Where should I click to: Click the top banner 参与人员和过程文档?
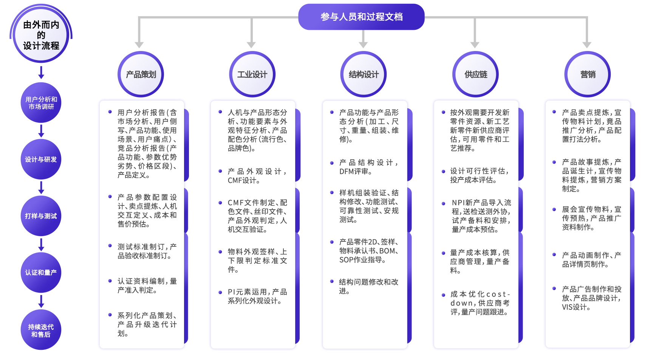pos(361,17)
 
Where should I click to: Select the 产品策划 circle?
pos(141,74)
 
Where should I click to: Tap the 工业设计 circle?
pos(252,74)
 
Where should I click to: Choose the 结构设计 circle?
pos(364,74)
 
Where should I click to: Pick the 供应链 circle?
pos(475,74)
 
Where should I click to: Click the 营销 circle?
pos(587,74)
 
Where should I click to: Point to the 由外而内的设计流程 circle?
pos(41,35)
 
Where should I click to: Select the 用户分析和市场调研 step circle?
pos(41,103)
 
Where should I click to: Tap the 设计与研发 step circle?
pos(41,159)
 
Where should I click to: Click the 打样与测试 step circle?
pos(41,216)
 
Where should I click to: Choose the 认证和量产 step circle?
pos(41,273)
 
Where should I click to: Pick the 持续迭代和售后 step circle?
pos(41,330)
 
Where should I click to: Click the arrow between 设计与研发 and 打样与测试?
pos(41,187)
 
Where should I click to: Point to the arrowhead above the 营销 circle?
pos(587,45)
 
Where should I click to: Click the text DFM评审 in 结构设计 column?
pos(355,172)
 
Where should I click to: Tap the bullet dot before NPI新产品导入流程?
pos(443,204)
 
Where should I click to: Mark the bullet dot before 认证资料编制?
pos(110,281)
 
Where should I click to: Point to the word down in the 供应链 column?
pos(461,303)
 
